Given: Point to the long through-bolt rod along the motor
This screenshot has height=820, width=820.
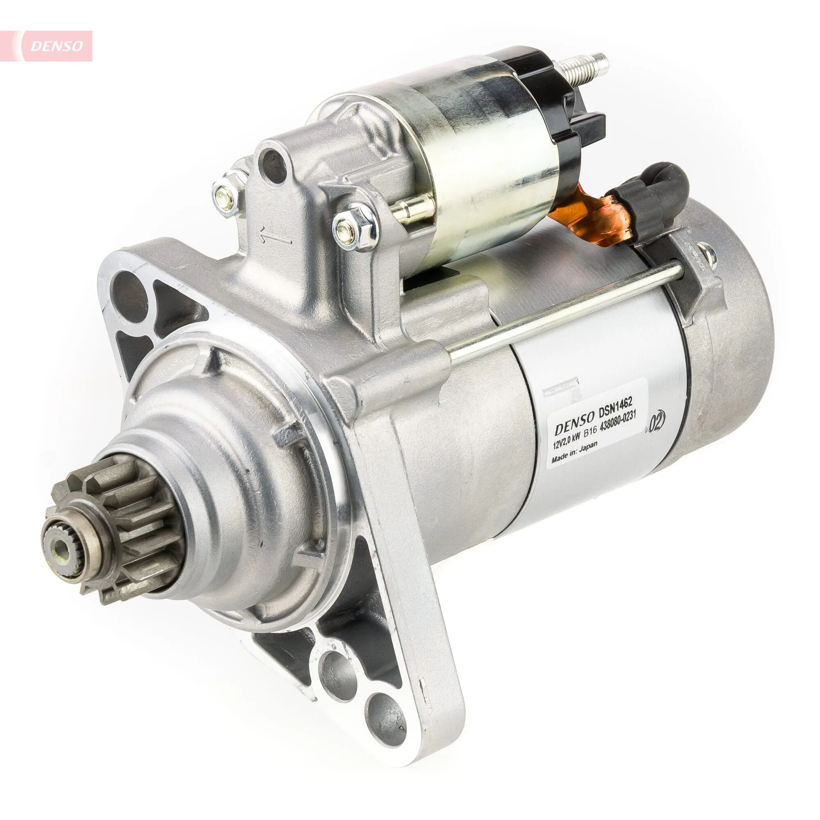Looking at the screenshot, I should [x=565, y=310].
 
